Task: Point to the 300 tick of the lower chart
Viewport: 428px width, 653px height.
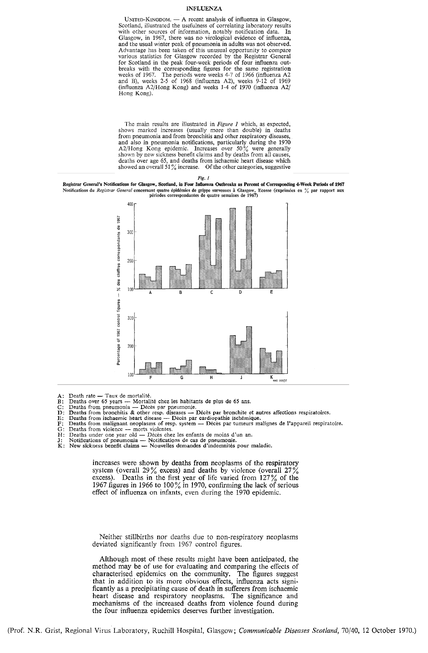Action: (x=130, y=318)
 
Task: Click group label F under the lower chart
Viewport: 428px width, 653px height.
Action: (x=151, y=378)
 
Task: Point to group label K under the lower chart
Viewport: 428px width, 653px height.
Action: (x=271, y=377)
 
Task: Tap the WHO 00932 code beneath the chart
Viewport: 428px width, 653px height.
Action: (x=280, y=381)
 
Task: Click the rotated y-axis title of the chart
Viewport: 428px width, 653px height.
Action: (x=119, y=290)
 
